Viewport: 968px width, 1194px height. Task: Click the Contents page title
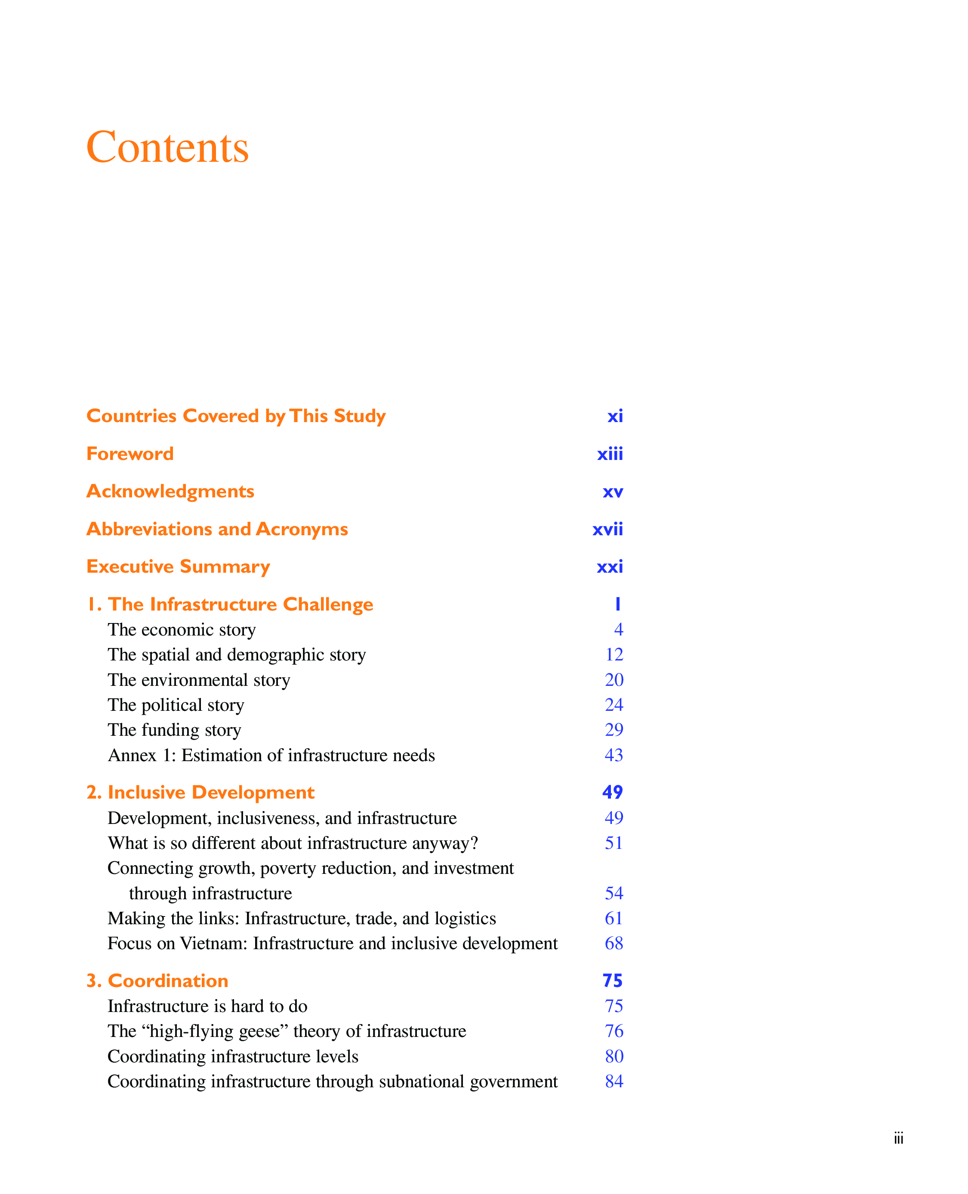[167, 147]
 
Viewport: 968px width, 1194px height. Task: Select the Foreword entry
[130, 454]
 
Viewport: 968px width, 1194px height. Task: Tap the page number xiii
[610, 454]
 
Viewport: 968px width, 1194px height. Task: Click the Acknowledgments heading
[170, 491]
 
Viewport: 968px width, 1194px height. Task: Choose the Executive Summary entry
[178, 567]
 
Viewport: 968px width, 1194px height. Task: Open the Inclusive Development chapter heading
[210, 793]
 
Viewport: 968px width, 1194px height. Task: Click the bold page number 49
[612, 793]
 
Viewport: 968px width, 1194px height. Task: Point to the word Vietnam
[213, 943]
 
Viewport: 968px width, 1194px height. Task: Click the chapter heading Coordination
[167, 981]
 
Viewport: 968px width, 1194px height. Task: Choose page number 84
[614, 1081]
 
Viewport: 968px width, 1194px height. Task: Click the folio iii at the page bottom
[898, 1138]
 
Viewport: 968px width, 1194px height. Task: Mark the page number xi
[615, 416]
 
